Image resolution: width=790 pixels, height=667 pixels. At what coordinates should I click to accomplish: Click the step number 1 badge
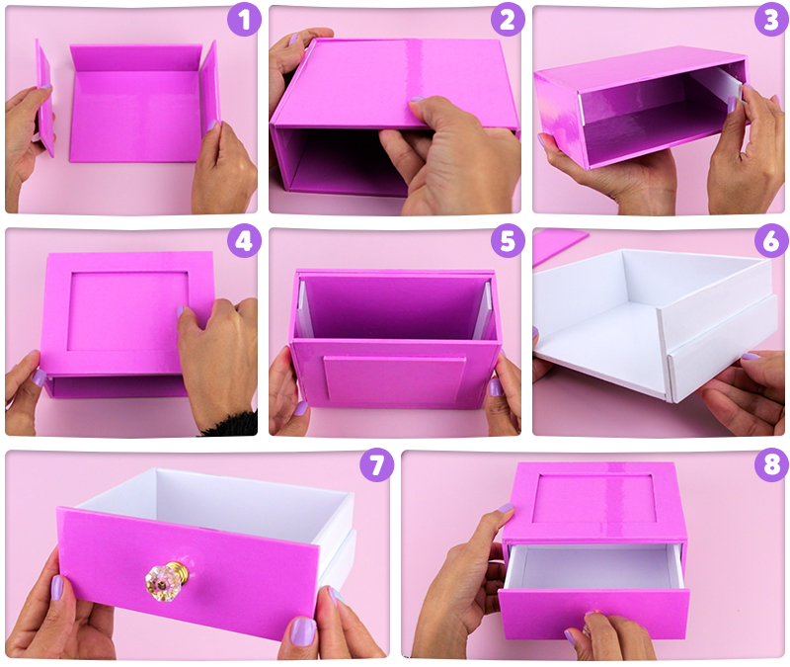[x=244, y=20]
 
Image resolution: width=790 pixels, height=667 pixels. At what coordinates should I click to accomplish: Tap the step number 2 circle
[x=508, y=20]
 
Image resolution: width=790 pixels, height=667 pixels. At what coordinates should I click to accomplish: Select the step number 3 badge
[x=771, y=20]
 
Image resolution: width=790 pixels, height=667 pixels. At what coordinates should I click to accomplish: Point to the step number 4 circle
[x=244, y=241]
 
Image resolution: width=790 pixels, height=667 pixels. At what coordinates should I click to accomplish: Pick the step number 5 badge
[x=508, y=241]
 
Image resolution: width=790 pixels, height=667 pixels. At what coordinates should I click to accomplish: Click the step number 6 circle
[x=771, y=241]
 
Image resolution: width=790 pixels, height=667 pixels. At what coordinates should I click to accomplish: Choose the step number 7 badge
[x=376, y=464]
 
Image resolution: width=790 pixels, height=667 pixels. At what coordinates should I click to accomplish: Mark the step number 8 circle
[x=771, y=464]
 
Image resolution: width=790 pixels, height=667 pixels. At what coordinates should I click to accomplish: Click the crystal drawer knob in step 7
[x=167, y=580]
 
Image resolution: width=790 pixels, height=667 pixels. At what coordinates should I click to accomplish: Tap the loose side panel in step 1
[x=44, y=97]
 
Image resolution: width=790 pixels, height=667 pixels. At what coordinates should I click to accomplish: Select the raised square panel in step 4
[x=128, y=311]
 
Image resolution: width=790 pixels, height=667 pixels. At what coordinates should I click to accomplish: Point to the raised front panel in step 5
[x=394, y=379]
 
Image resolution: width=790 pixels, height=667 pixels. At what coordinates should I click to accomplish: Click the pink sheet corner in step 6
[x=558, y=245]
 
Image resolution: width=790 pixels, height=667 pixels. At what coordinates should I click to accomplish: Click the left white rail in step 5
[x=304, y=309]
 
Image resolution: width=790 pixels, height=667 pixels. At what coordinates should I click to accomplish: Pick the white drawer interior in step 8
[x=595, y=566]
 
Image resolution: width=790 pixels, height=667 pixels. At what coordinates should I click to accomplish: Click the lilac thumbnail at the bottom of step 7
[x=303, y=631]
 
